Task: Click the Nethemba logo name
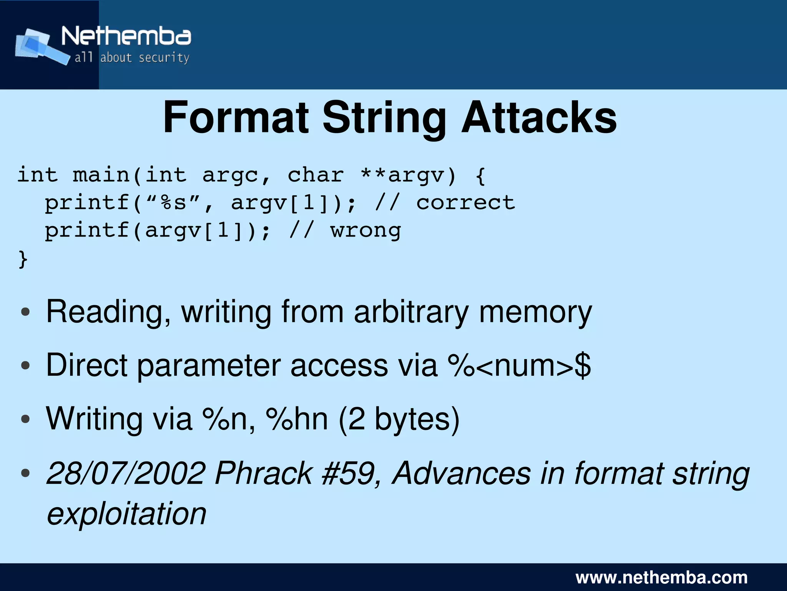click(x=126, y=37)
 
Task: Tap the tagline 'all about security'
click(x=132, y=58)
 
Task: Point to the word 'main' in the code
click(x=101, y=175)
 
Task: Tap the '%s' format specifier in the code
click(x=173, y=203)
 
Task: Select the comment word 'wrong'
click(x=365, y=231)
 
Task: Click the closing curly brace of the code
click(x=23, y=259)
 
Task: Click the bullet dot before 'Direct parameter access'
click(x=25, y=365)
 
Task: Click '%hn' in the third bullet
click(x=296, y=419)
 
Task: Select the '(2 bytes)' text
click(x=398, y=419)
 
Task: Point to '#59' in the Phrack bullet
click(x=348, y=473)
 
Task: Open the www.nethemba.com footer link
click(x=661, y=578)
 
